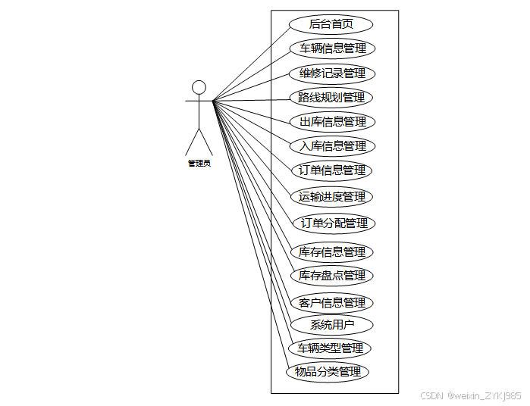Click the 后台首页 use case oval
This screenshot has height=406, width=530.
331,24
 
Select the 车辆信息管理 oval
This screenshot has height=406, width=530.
332,48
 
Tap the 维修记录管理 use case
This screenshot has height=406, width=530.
332,73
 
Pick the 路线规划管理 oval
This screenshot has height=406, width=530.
331,98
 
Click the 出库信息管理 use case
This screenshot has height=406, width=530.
332,122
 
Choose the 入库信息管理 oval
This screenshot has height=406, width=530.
332,146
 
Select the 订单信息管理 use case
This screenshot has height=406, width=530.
331,170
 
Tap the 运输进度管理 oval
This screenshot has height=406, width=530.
332,197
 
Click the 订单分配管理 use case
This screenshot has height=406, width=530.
334,223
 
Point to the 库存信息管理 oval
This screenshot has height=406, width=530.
332,252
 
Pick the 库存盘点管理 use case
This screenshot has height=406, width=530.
332,275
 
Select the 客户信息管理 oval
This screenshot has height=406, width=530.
332,303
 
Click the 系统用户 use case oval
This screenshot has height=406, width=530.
332,325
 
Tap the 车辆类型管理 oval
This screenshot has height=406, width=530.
330,348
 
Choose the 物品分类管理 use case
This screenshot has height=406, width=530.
328,372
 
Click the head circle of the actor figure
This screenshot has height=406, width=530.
199,87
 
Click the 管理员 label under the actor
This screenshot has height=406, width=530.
199,163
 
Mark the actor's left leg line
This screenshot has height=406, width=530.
192,142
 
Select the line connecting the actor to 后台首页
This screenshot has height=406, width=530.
250,62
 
